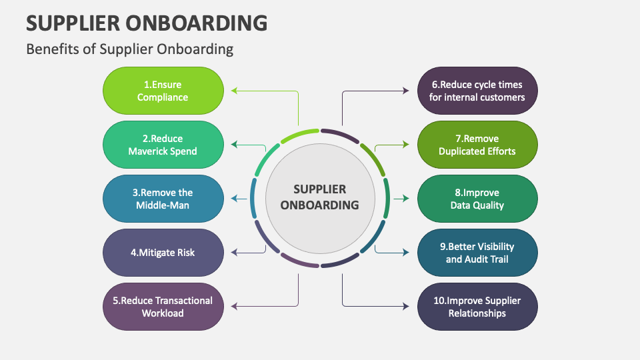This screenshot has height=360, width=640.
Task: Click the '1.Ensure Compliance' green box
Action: click(163, 91)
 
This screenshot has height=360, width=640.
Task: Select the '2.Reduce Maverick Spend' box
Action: click(163, 145)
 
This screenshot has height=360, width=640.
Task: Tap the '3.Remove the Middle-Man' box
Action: click(163, 199)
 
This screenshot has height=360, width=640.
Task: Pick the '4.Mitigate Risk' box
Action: click(163, 253)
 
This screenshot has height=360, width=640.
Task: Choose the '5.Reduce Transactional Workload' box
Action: click(163, 307)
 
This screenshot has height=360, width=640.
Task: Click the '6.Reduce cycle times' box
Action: click(477, 91)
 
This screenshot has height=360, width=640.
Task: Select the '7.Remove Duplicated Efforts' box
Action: click(477, 145)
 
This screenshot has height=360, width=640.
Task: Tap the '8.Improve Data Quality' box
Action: click(477, 199)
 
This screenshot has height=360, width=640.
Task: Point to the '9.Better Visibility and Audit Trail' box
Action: click(477, 253)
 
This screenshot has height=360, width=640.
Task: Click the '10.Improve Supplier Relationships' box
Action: click(477, 307)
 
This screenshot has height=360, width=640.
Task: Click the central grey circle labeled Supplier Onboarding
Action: click(319, 198)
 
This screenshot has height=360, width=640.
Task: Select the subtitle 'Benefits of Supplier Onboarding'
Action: click(129, 49)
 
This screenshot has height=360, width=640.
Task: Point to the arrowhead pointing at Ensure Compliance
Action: click(234, 91)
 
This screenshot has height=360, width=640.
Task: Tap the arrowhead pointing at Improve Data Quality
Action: click(405, 199)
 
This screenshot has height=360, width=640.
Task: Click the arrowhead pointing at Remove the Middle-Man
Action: click(234, 199)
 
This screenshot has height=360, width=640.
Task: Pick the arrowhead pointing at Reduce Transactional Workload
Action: click(234, 307)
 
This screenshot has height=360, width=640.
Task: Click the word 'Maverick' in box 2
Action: click(151, 151)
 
